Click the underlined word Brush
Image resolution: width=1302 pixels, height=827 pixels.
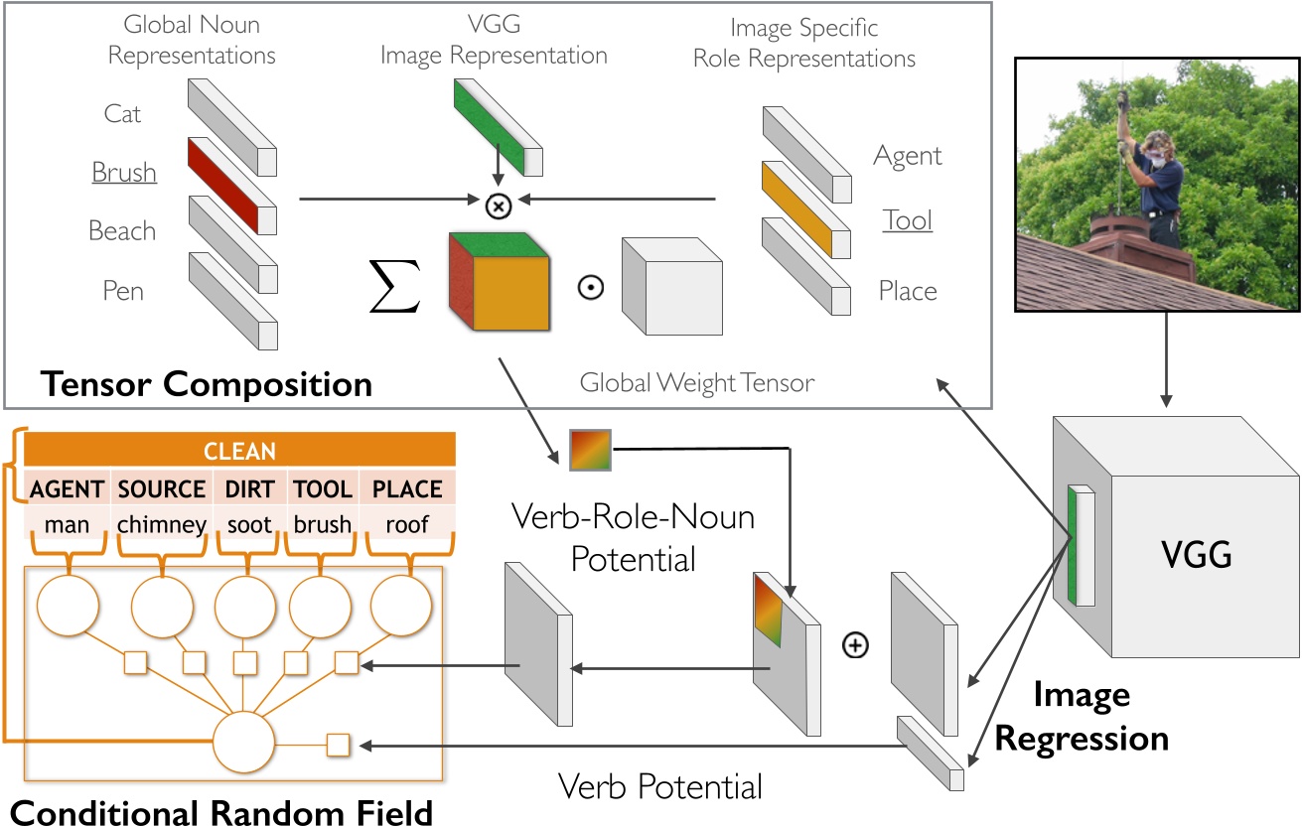coord(124,173)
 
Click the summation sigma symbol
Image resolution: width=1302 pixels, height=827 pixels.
coord(395,287)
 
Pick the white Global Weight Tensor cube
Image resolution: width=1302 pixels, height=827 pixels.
coord(670,287)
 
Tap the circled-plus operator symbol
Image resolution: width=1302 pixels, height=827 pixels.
coord(854,645)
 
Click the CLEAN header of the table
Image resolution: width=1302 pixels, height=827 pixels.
coord(239,452)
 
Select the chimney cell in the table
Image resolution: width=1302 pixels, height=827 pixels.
coord(162,523)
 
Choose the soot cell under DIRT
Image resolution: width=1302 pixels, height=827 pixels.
coord(248,523)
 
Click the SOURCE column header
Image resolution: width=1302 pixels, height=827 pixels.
coord(162,488)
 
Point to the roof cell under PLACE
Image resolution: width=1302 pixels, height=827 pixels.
coord(407,523)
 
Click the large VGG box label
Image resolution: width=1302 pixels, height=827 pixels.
coord(1196,554)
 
